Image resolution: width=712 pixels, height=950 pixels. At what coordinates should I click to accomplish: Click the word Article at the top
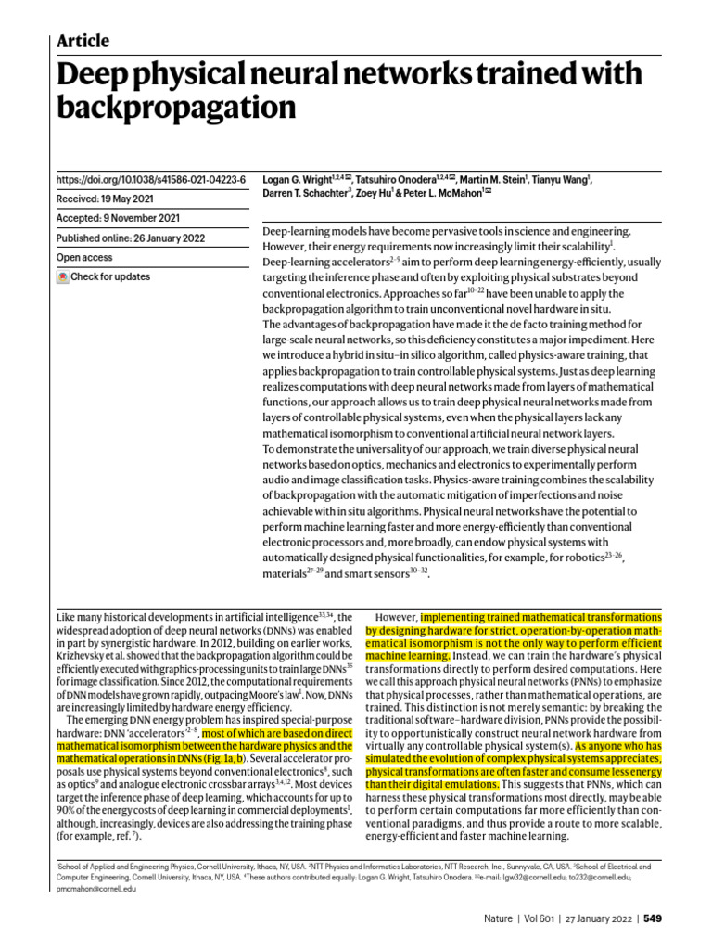tap(83, 41)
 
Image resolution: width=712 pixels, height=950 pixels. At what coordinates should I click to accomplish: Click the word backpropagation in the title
tap(175, 109)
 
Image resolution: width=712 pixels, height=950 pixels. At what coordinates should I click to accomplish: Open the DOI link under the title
tap(151, 179)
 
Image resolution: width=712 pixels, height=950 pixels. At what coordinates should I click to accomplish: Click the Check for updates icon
tap(63, 277)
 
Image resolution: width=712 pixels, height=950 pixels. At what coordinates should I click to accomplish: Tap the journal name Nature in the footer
tap(499, 918)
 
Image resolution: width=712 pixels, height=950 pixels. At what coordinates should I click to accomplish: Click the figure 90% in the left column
tap(67, 810)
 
